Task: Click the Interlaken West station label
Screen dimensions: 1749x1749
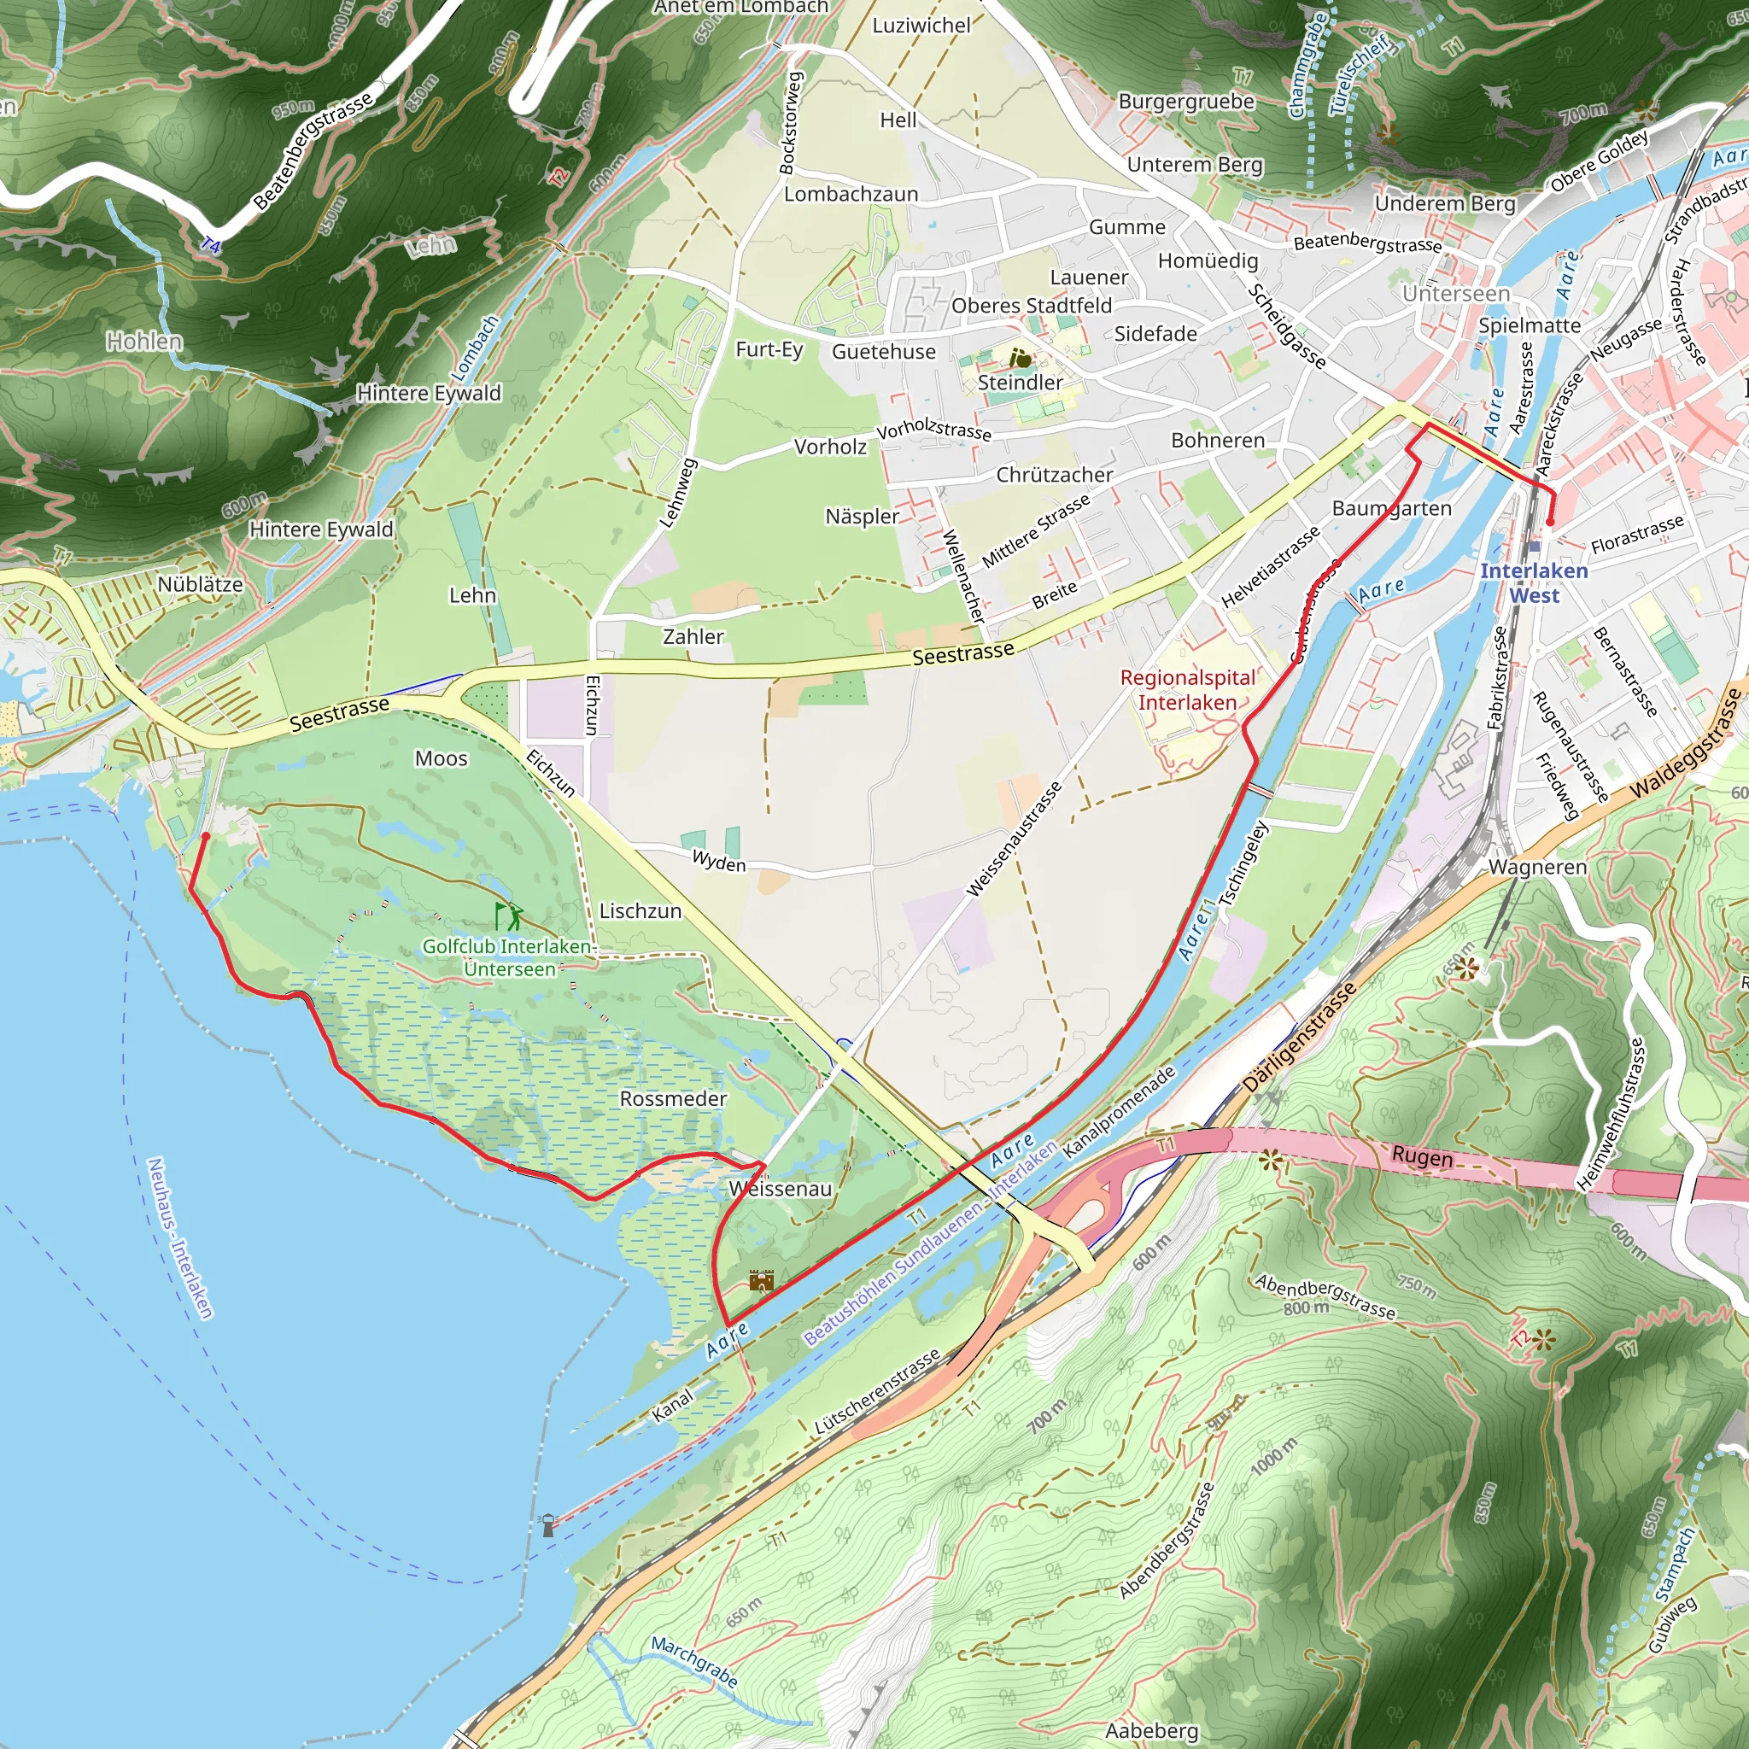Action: pos(1534,583)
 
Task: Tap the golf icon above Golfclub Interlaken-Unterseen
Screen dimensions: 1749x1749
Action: pos(508,916)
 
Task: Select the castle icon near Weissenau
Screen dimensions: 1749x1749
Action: pos(761,1280)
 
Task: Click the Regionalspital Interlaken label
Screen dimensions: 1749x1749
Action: pos(1187,690)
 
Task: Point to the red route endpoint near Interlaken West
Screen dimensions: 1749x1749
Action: pos(1550,523)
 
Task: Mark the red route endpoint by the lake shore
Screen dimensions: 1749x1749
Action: pos(206,836)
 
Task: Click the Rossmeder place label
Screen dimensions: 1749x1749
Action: pos(673,1098)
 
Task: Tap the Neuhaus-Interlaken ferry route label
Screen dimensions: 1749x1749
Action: pos(179,1237)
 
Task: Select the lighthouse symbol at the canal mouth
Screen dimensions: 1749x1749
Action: pos(547,1525)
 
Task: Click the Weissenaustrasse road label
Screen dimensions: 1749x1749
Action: pos(1013,839)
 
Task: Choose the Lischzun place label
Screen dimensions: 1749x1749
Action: pos(640,910)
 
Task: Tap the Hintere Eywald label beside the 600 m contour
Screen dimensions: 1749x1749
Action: pos(321,529)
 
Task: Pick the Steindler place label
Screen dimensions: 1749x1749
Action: pos(1021,382)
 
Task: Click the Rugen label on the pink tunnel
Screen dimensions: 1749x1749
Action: pos(1421,1156)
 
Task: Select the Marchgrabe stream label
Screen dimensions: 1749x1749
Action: pos(694,1661)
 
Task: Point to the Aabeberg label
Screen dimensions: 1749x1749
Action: pos(1151,1731)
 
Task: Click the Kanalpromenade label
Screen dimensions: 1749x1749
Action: pos(1119,1111)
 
